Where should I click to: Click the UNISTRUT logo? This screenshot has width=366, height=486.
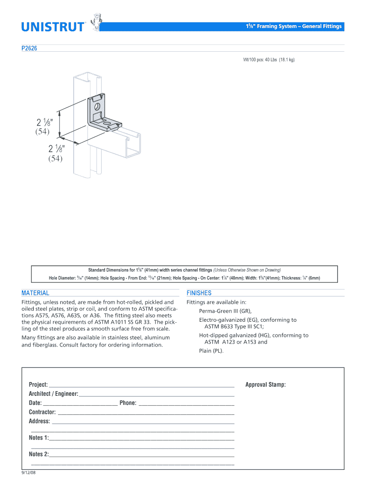tap(53, 27)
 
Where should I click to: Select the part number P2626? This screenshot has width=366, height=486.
tap(30, 48)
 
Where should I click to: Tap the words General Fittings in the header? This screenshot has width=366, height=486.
tap(321, 26)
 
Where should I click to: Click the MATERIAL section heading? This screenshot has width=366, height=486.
tap(35, 293)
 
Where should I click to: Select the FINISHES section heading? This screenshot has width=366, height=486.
tap(199, 293)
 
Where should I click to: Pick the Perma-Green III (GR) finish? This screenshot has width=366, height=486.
tap(225, 311)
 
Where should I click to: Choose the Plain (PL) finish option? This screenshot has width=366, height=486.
tap(211, 351)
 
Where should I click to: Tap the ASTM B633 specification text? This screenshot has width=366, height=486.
tap(222, 327)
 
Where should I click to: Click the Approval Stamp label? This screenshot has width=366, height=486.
tap(265, 384)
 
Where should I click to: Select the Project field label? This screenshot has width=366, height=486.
tap(38, 384)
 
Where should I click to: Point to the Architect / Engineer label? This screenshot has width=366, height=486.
tap(53, 394)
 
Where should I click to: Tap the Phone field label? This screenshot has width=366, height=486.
tap(128, 403)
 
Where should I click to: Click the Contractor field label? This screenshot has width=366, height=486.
tap(42, 412)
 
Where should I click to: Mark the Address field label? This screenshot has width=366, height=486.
tap(39, 421)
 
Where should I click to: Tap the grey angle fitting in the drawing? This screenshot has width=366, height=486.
tap(102, 112)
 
